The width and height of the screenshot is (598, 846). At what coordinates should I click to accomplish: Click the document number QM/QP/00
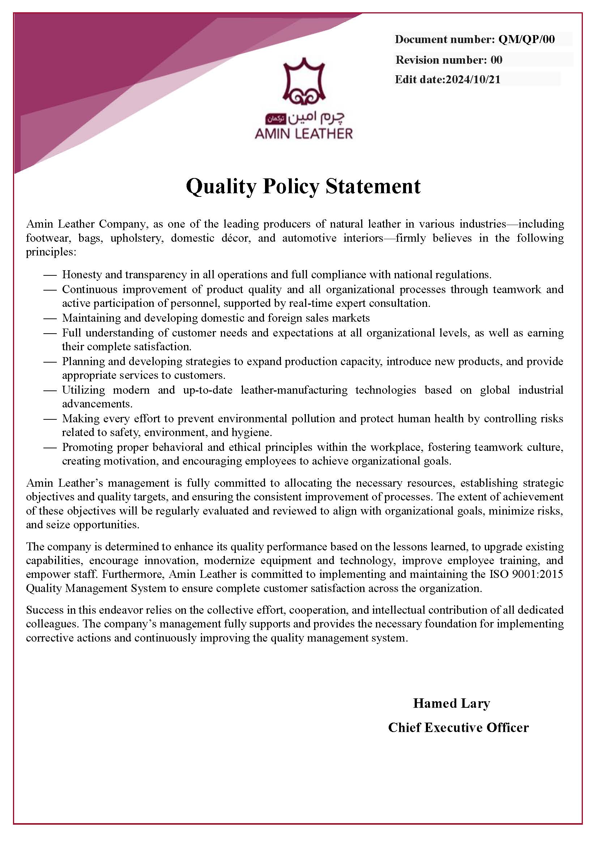[526, 39]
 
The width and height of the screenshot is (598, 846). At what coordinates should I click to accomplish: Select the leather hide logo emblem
[304, 81]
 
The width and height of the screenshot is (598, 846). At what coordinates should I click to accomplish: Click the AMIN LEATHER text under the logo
[303, 134]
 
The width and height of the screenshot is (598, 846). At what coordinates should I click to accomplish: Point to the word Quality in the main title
[221, 186]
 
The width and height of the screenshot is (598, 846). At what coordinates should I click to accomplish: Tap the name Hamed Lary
[452, 703]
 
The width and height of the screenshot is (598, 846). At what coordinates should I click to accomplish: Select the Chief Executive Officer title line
[458, 728]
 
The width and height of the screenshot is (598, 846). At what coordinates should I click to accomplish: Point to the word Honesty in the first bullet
[82, 275]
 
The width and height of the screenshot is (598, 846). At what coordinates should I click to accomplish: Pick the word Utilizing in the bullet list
[83, 390]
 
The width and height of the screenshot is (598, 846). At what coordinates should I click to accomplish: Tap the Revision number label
[441, 60]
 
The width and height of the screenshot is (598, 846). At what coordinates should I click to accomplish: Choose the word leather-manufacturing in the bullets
[294, 390]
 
